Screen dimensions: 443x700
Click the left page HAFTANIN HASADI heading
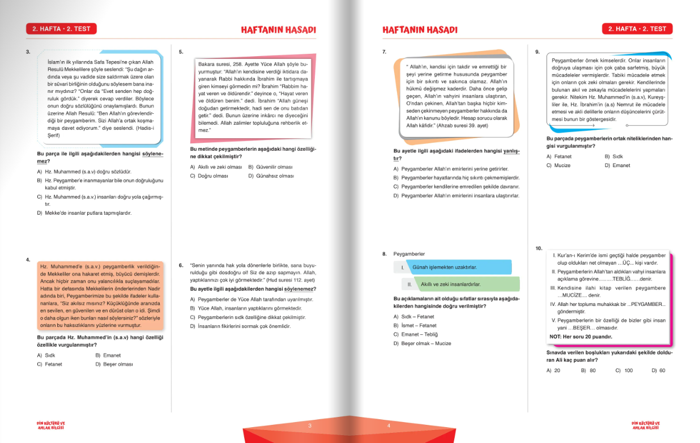278,29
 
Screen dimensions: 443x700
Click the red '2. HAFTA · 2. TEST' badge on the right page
637,29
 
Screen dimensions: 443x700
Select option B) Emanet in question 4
108,355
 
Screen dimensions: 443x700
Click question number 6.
181,265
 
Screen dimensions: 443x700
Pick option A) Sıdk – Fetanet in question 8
413,317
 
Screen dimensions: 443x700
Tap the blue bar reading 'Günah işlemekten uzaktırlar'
451,267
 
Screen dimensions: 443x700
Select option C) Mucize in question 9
558,165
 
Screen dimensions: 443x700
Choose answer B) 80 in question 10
588,370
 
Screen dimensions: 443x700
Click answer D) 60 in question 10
658,370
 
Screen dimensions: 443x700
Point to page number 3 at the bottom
310,425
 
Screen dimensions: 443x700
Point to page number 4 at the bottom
389,425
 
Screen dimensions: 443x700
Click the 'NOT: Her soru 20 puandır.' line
581,336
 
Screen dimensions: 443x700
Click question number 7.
385,52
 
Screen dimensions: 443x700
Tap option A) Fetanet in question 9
559,156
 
